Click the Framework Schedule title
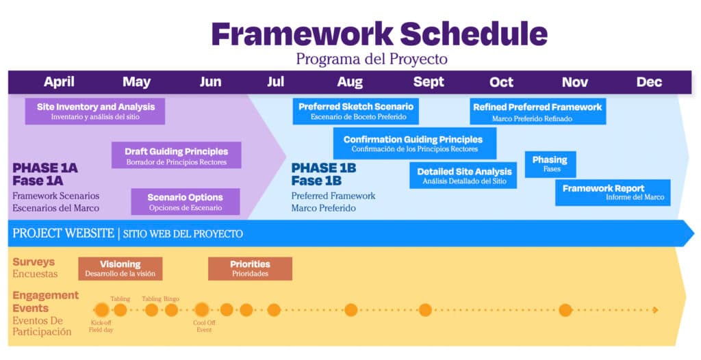pyautogui.click(x=379, y=34)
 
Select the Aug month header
pyautogui.click(x=350, y=82)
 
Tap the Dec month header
pyautogui.click(x=649, y=82)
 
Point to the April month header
pyautogui.click(x=59, y=82)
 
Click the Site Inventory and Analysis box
pyautogui.click(x=95, y=112)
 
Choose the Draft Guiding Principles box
pyautogui.click(x=176, y=155)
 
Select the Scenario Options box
pyautogui.click(x=186, y=202)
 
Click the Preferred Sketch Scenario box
pyautogui.click(x=356, y=112)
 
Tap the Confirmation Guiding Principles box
pyautogui.click(x=415, y=143)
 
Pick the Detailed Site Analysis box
pyautogui.click(x=463, y=175)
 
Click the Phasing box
pyautogui.click(x=550, y=164)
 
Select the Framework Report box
pyautogui.click(x=613, y=193)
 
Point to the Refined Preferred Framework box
pyautogui.click(x=538, y=112)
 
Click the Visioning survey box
pyautogui.click(x=120, y=269)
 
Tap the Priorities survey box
pyautogui.click(x=250, y=269)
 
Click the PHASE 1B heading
pyautogui.click(x=324, y=168)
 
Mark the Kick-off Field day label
pyautogui.click(x=101, y=326)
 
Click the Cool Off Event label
pyautogui.click(x=204, y=326)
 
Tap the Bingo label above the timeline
pyautogui.click(x=171, y=298)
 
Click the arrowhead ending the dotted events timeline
pyautogui.click(x=655, y=310)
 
